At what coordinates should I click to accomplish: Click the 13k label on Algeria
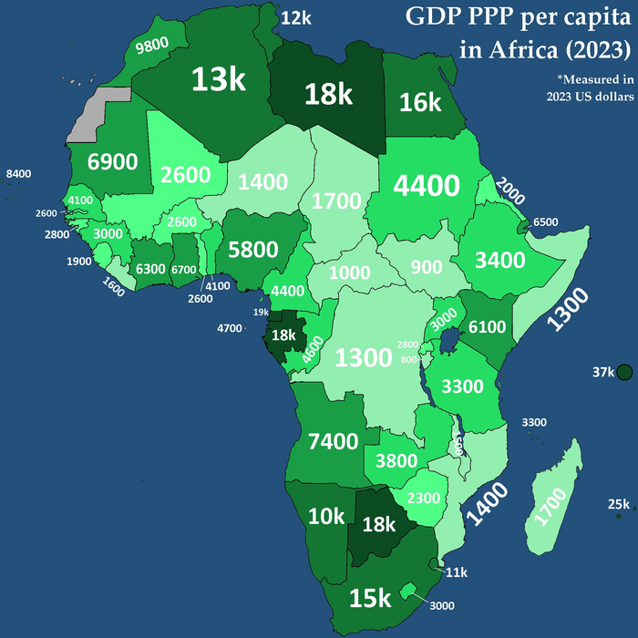click(219, 79)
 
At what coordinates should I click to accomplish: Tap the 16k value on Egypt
click(421, 102)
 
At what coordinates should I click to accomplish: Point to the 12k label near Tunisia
click(295, 17)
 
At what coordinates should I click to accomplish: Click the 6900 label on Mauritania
click(112, 162)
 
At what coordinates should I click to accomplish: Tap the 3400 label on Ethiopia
click(500, 260)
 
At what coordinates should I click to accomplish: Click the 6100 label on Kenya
click(486, 326)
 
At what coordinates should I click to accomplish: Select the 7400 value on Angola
click(333, 442)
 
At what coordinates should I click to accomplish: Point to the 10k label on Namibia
click(326, 517)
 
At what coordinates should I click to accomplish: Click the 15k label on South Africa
click(370, 598)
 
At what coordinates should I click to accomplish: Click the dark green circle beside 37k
click(625, 372)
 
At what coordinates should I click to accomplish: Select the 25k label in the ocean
click(620, 505)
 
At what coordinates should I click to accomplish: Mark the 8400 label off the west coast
click(18, 173)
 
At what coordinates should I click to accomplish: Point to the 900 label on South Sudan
click(426, 267)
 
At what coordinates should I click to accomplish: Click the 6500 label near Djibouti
click(546, 221)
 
